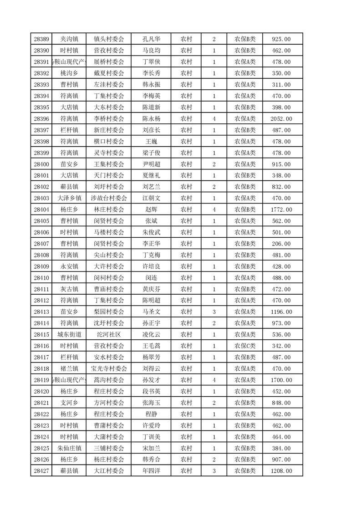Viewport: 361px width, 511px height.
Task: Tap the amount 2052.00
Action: (x=281, y=119)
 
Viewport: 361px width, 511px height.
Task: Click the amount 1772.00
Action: (x=281, y=210)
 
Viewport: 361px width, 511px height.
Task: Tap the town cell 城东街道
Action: (x=69, y=335)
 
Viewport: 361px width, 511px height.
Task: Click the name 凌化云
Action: (x=151, y=335)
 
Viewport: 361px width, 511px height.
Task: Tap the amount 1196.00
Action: (x=281, y=312)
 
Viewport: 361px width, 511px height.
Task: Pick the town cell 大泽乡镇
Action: (x=69, y=198)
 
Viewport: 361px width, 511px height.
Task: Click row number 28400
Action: (x=41, y=164)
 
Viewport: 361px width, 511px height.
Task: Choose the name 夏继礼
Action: (x=151, y=176)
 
